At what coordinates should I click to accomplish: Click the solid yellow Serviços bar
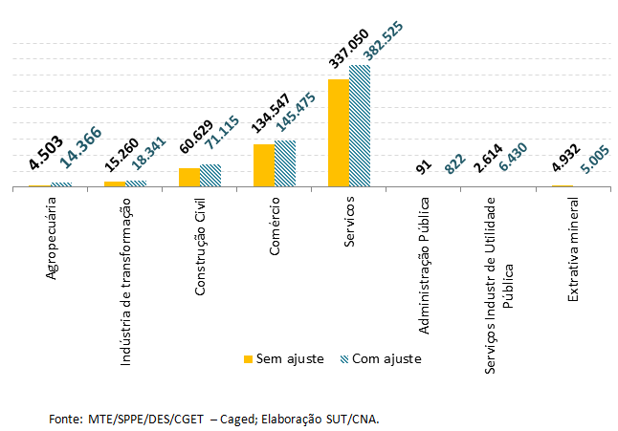[x=338, y=133]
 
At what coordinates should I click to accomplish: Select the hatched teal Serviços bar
[x=360, y=125]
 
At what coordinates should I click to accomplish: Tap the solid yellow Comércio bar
[x=263, y=165]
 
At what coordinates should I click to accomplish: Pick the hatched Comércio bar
[x=285, y=163]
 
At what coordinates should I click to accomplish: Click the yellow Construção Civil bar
[x=188, y=177]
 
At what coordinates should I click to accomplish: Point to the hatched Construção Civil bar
[x=210, y=175]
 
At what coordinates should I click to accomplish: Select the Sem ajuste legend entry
[x=283, y=359]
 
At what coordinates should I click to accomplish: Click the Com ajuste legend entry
[x=381, y=359]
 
